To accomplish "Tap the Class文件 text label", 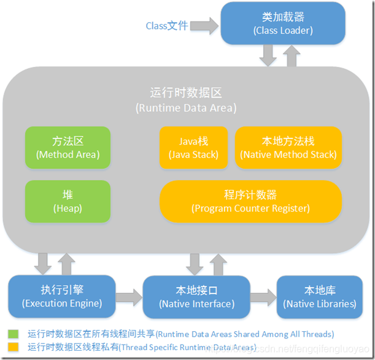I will point(166,26).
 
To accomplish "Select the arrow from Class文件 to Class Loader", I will point(204,26).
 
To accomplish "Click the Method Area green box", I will point(68,147).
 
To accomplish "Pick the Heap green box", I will point(68,202).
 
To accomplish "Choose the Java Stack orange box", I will point(193,147).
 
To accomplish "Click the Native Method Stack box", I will point(288,147).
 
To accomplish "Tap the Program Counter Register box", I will point(250,202).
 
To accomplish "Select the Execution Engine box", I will point(61,297).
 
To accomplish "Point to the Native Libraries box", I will point(319,297).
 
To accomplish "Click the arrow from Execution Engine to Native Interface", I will point(128,297).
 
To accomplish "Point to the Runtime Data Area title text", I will point(186,100).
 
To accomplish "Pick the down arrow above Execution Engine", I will point(44,264).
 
